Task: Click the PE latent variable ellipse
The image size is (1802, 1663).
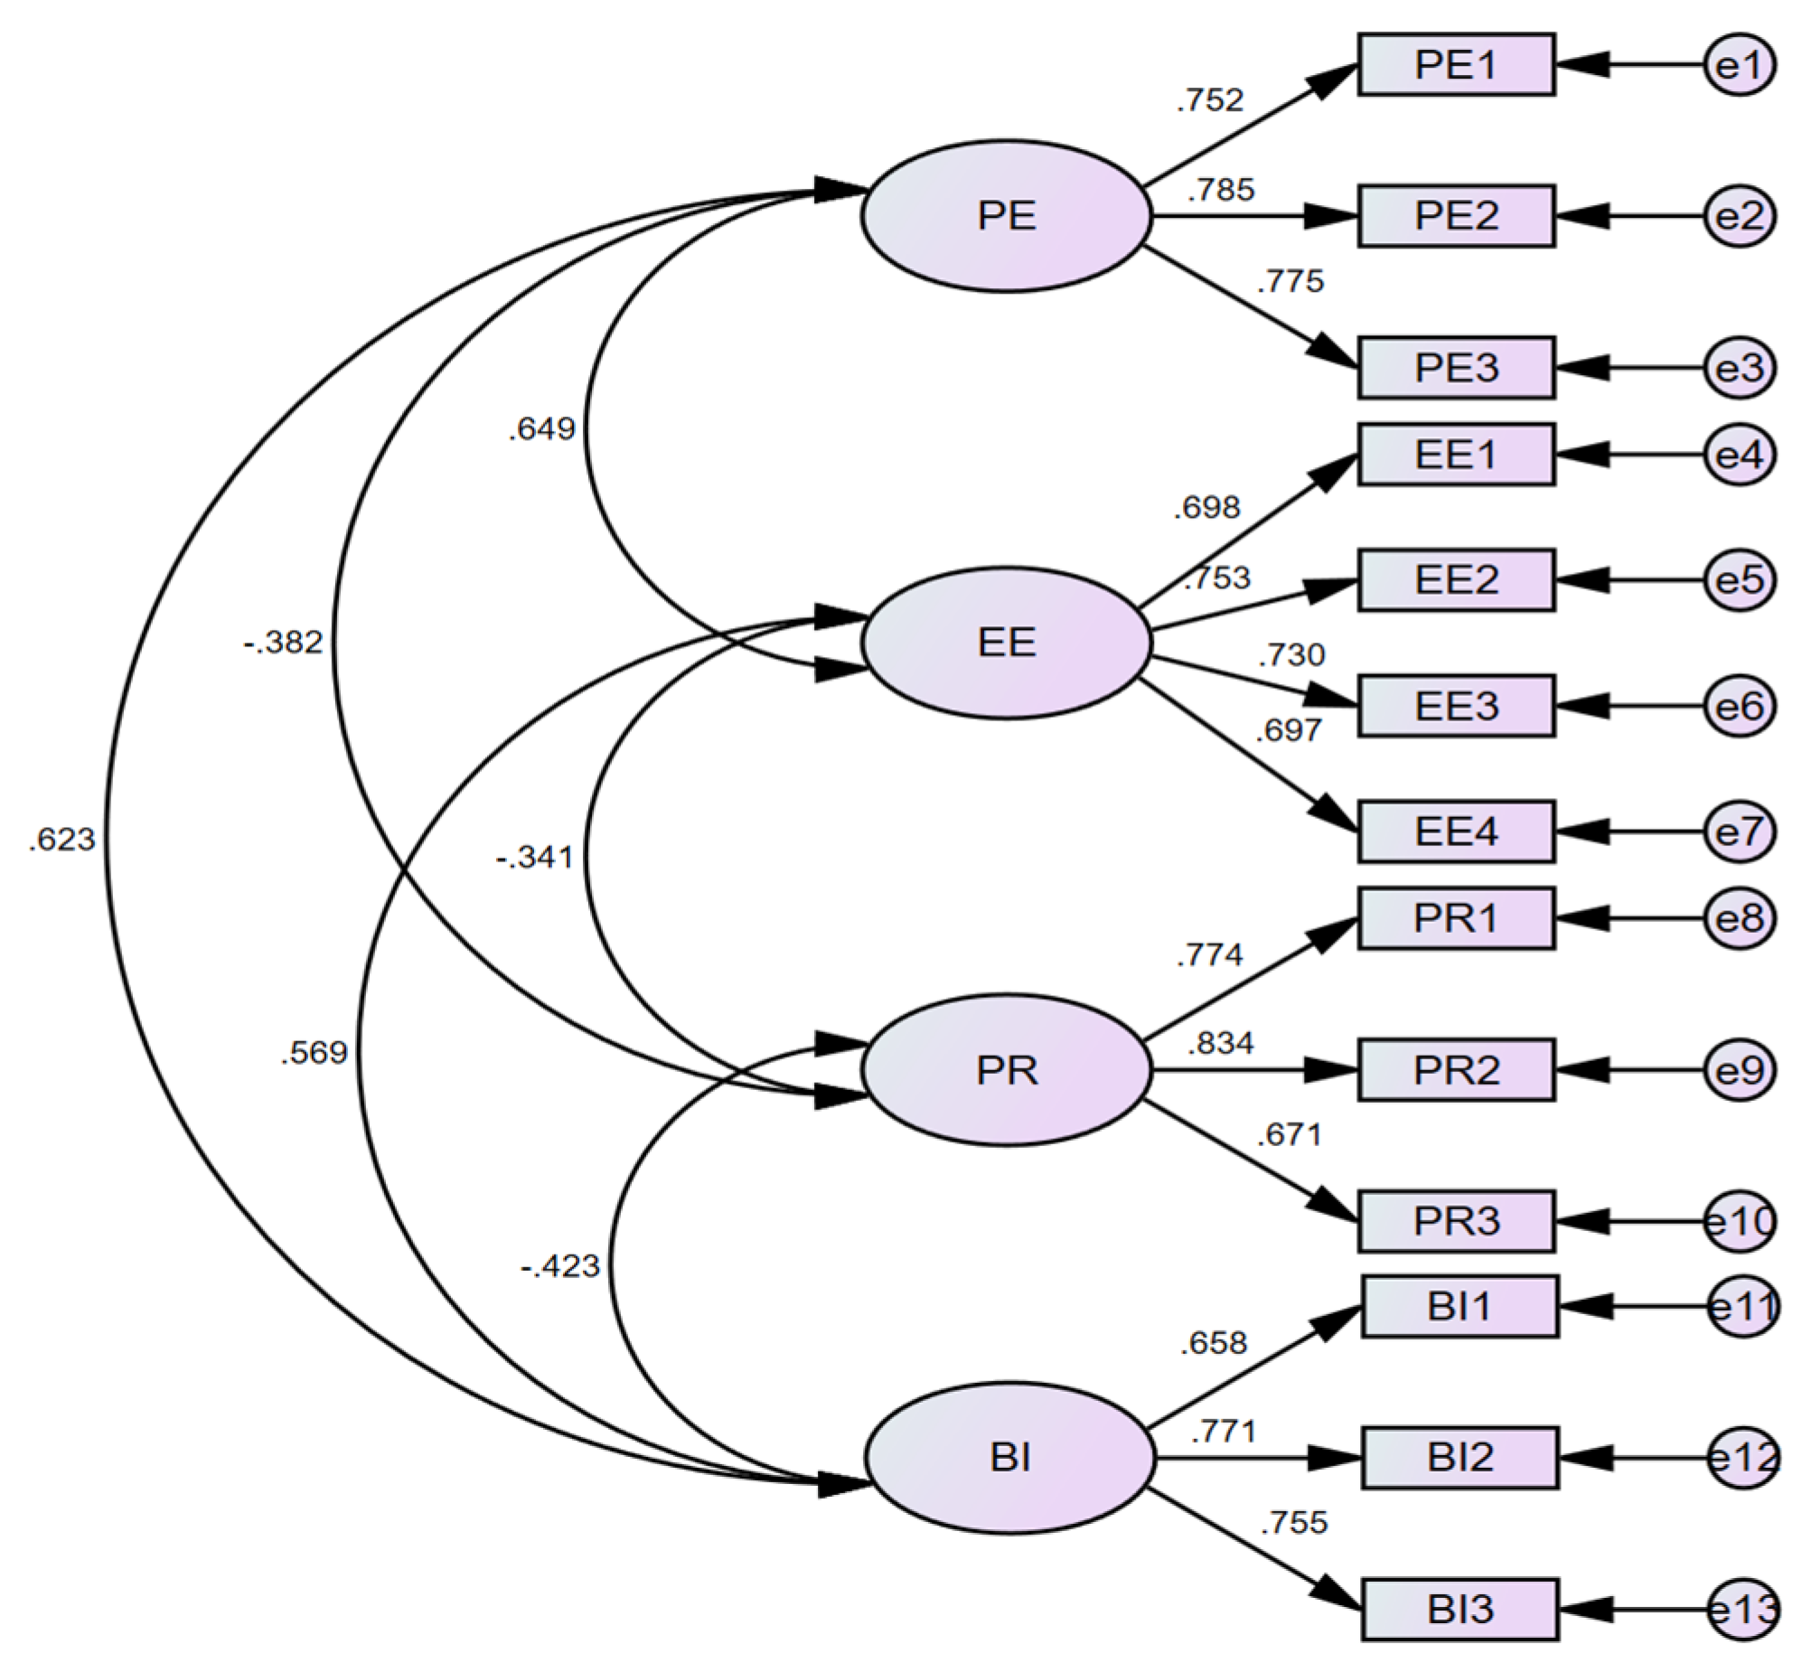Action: tap(1006, 216)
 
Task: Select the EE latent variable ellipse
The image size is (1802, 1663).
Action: tap(1006, 643)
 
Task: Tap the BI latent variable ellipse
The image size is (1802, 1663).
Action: tap(1009, 1458)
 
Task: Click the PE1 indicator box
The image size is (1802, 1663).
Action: tap(1455, 65)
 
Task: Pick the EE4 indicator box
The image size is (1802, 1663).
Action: tap(1455, 831)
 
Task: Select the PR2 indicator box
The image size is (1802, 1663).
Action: tap(1455, 1070)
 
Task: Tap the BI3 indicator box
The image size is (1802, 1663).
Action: tap(1459, 1610)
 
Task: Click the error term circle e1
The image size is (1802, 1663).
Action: tap(1739, 65)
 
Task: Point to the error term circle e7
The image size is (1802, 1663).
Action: tap(1739, 831)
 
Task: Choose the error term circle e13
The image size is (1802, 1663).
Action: tap(1742, 1610)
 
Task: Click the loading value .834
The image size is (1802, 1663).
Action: tap(1220, 1044)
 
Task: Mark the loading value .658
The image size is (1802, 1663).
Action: tap(1213, 1343)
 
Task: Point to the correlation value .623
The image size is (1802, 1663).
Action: tap(61, 840)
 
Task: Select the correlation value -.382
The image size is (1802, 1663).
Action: tap(283, 643)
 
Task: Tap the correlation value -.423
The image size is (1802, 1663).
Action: tap(560, 1266)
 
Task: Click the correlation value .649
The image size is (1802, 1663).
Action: tap(541, 428)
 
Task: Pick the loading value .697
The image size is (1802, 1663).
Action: tap(1288, 730)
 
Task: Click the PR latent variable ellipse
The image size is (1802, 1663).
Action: tap(1006, 1070)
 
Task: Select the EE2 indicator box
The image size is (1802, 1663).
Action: tap(1455, 580)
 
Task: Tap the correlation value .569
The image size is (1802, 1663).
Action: tap(314, 1053)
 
